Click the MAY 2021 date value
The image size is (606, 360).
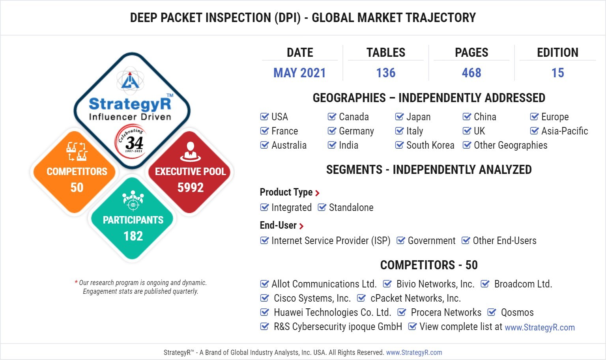tap(299, 73)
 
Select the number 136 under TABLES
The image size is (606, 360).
tap(386, 73)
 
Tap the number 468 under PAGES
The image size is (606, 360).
tap(471, 73)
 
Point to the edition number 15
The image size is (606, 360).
tap(557, 73)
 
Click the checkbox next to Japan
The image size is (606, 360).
tap(399, 117)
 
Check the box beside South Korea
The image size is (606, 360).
tap(399, 145)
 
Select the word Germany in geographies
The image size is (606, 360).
tap(356, 131)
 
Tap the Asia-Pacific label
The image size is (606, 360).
tap(565, 131)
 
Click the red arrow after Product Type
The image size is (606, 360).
tap(317, 193)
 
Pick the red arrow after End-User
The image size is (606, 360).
tap(301, 226)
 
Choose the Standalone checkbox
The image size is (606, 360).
tap(322, 207)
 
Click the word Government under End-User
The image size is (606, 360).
tap(432, 241)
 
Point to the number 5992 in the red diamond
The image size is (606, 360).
tap(191, 187)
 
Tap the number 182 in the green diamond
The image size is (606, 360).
tap(133, 236)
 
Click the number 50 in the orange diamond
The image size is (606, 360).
tap(77, 187)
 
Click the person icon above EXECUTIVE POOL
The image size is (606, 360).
tap(191, 151)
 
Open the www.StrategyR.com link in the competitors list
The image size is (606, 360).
tap(540, 327)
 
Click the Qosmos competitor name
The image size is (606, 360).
tap(517, 312)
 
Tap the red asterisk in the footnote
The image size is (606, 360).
tap(76, 282)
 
